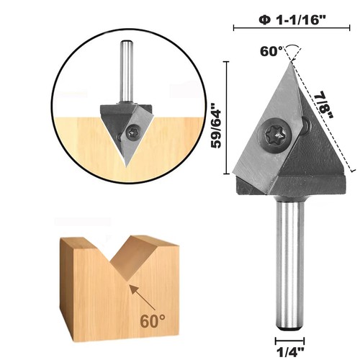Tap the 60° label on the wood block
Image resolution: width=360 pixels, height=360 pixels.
(152, 316)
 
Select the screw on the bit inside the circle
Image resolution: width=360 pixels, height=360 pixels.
(133, 132)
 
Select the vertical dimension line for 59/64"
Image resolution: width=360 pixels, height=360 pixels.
(228, 119)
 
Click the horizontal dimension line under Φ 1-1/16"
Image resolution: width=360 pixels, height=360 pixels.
(294, 28)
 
